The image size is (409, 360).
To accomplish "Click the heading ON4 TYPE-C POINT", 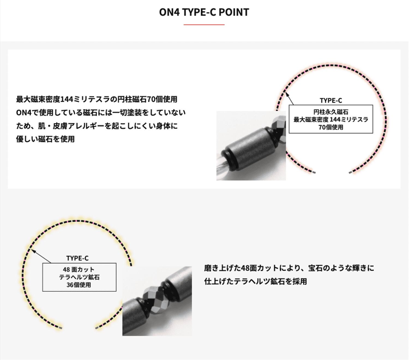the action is (x=204, y=12).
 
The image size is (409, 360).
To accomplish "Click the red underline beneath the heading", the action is (x=204, y=25).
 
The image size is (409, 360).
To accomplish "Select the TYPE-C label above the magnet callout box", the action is (x=331, y=101).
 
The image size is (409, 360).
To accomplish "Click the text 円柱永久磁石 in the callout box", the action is (x=331, y=112).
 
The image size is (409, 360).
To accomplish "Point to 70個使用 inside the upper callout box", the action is (x=331, y=128).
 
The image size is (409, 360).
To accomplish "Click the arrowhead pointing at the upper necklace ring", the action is (x=287, y=95).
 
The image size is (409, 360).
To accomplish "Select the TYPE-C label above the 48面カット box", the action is (x=77, y=258).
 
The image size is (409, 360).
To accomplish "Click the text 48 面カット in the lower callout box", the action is (x=78, y=269).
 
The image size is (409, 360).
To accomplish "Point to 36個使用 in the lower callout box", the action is (x=78, y=285).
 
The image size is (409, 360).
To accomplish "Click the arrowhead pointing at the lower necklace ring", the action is (x=33, y=251).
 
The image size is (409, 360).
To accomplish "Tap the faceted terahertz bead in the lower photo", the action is (x=154, y=297).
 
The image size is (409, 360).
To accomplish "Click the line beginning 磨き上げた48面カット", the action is (x=289, y=268).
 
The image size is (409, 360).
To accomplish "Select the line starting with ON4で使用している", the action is (x=101, y=113).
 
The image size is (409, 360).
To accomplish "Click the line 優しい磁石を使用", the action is (x=45, y=139).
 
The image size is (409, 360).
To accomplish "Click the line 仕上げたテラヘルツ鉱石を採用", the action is (x=255, y=282).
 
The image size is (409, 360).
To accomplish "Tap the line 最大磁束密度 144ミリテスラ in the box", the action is (x=331, y=120).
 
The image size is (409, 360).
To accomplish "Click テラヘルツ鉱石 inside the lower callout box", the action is (x=79, y=277).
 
